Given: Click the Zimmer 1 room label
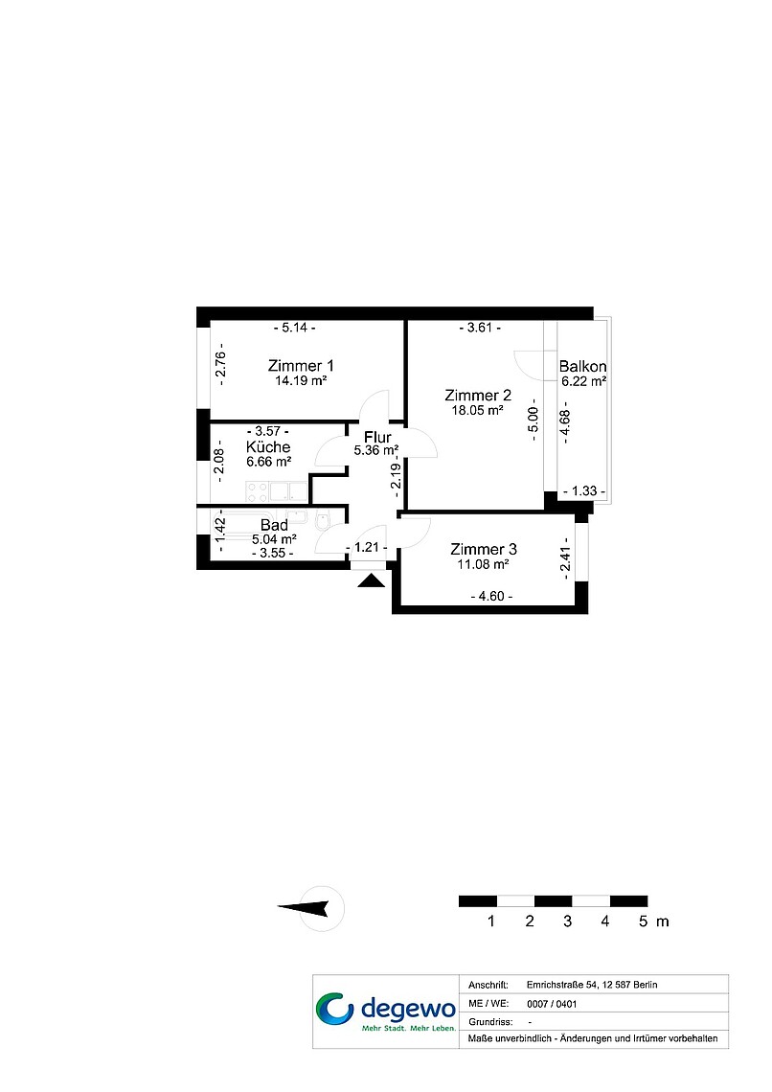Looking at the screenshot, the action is (301, 366).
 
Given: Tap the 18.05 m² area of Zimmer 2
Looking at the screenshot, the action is (478, 410).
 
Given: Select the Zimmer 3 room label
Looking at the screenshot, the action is (483, 550).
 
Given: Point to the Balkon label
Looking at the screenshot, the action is (582, 366).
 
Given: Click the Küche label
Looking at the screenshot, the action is (268, 447).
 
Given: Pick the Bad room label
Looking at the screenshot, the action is (274, 525).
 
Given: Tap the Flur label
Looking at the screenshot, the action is (377, 438).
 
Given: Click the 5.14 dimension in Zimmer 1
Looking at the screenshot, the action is (295, 328).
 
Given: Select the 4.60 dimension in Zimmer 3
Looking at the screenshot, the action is (491, 596).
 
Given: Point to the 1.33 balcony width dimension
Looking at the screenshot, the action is (584, 491).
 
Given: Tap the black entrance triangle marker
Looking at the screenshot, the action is (371, 580).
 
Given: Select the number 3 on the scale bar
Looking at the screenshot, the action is (567, 921).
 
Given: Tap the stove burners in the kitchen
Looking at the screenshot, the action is (257, 491).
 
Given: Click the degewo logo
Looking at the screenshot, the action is (386, 1012).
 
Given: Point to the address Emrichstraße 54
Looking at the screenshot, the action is (562, 985).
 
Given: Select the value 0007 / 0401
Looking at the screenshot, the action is (552, 1004).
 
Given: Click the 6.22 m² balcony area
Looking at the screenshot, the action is (584, 381).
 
